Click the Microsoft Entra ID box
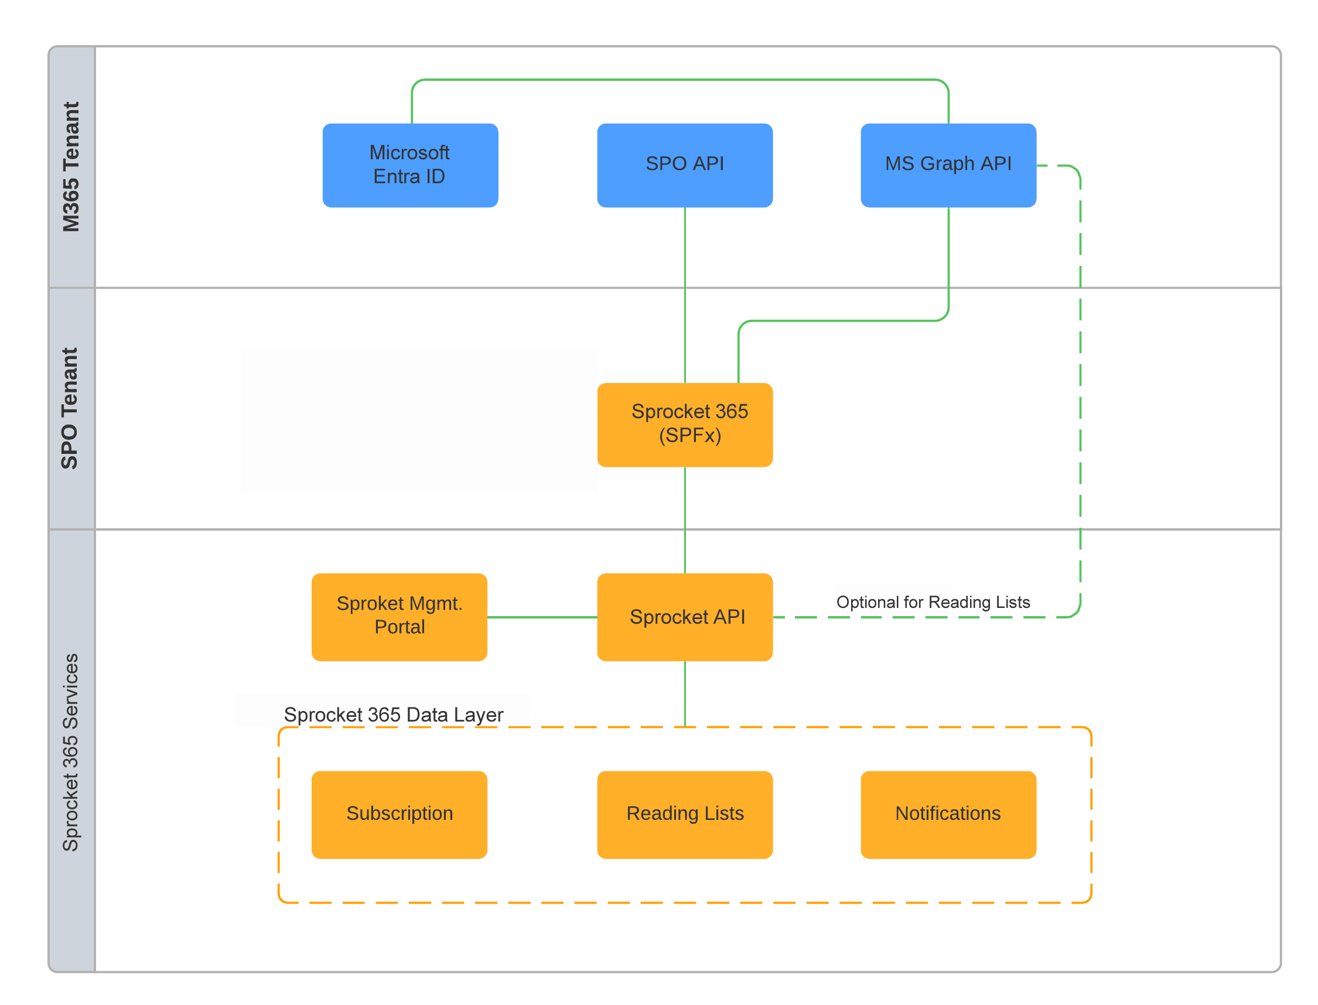tap(410, 165)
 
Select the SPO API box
tap(684, 165)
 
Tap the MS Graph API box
tap(948, 165)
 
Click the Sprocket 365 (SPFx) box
tap(684, 424)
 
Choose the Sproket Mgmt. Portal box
tap(399, 616)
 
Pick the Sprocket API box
tap(684, 616)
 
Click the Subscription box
tap(399, 813)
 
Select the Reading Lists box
tap(684, 813)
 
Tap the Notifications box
tap(948, 813)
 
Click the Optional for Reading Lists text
tap(932, 601)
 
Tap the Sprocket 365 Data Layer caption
tap(393, 714)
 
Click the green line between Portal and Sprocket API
tap(541, 616)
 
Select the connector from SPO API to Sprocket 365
tap(684, 293)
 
